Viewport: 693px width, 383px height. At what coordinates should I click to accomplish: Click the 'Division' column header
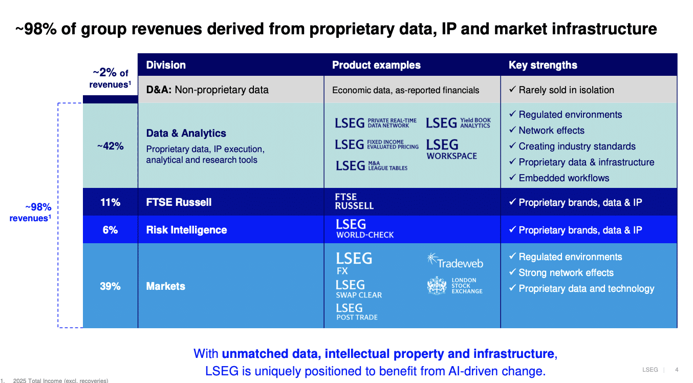point(166,65)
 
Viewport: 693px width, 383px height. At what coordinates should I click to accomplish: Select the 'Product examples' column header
point(376,65)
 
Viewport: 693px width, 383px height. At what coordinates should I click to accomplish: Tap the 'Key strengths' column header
point(543,65)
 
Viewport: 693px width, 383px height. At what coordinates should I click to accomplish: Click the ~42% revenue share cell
point(111,146)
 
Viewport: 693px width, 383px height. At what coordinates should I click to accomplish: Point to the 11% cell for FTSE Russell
point(110,202)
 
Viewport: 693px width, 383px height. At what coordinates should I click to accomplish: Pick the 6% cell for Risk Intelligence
point(110,230)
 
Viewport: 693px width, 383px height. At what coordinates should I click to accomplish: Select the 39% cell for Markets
point(110,286)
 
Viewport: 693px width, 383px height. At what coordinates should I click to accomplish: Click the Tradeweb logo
point(455,261)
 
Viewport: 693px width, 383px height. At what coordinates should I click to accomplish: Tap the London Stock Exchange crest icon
point(437,286)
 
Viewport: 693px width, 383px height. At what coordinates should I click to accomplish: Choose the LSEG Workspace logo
point(451,149)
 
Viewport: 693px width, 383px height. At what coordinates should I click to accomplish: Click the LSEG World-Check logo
point(365,229)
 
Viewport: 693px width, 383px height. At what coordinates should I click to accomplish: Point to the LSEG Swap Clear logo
point(359,289)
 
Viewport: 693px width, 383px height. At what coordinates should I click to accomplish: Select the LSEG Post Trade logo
point(357,312)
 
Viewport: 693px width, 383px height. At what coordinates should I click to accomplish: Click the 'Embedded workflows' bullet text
point(564,178)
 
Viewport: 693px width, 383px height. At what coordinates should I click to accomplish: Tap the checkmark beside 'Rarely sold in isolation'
point(512,90)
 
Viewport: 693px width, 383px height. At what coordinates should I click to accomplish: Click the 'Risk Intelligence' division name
point(186,230)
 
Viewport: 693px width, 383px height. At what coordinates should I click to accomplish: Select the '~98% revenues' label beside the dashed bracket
point(30,212)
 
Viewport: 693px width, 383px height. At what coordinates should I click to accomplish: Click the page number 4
point(677,370)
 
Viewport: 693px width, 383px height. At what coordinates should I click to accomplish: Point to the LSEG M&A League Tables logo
point(372,166)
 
